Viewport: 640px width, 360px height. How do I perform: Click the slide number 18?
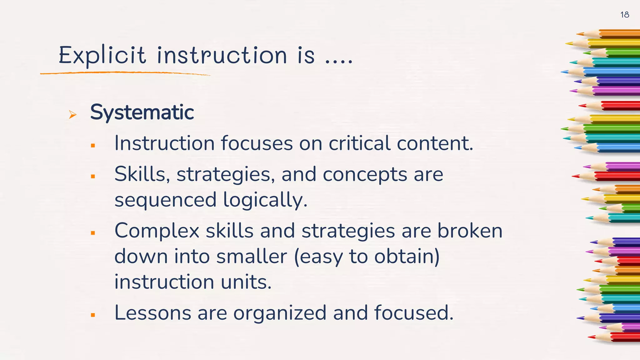[624, 15]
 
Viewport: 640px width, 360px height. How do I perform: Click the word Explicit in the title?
[102, 56]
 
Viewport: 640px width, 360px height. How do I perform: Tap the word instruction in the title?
[222, 55]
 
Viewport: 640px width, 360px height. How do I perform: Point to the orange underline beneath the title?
[125, 73]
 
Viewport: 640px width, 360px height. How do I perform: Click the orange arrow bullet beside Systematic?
[72, 115]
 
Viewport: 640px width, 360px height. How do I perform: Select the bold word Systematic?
[142, 112]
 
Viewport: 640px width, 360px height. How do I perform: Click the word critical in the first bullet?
[359, 143]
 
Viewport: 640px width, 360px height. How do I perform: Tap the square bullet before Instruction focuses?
[93, 145]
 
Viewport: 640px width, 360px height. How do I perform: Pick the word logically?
[265, 200]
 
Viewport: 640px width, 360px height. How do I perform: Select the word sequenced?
[165, 200]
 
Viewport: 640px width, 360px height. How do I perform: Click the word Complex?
[157, 231]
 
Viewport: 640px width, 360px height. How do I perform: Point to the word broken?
[470, 231]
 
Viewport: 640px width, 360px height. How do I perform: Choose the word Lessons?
[152, 313]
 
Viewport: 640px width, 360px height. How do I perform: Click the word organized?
[280, 313]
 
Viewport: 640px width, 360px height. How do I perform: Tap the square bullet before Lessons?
[93, 315]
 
